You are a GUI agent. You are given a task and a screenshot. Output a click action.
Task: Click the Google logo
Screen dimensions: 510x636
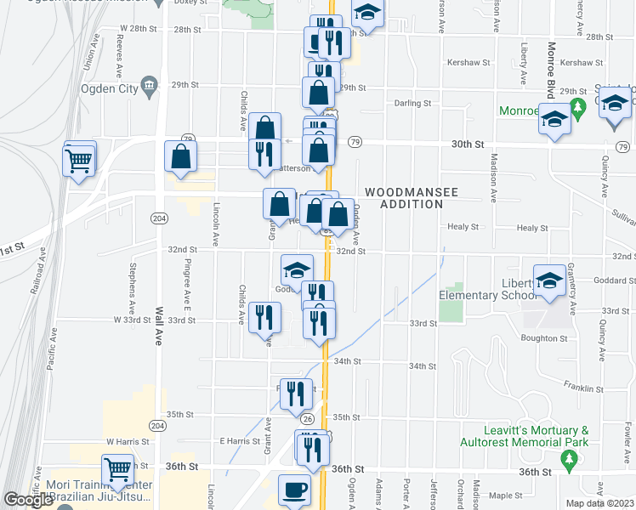coord(28,500)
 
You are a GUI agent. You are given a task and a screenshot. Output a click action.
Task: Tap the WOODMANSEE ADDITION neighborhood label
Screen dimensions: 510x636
coord(412,198)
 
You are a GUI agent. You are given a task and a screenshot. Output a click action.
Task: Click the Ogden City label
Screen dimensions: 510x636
coord(109,88)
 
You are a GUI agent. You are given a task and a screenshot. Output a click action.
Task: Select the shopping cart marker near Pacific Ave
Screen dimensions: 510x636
coord(79,158)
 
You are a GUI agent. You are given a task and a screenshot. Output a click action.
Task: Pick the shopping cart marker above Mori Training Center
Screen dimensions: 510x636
coord(117,469)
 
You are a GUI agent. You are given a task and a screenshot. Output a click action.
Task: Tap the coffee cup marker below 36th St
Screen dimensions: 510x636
coord(294,490)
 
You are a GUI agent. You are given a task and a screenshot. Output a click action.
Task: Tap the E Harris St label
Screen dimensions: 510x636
coord(239,441)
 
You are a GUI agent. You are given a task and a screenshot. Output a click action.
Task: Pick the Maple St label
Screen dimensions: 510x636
coord(505,495)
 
